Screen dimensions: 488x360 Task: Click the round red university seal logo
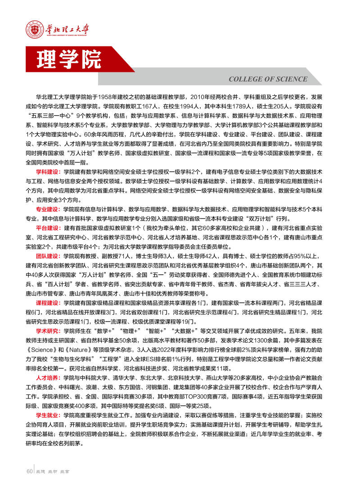(x=34, y=30)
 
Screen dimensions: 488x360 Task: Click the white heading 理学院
(x=69, y=60)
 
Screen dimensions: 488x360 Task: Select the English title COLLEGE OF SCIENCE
(x=268, y=79)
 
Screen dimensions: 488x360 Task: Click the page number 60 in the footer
(x=30, y=471)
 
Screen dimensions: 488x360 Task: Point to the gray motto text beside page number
(x=54, y=471)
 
